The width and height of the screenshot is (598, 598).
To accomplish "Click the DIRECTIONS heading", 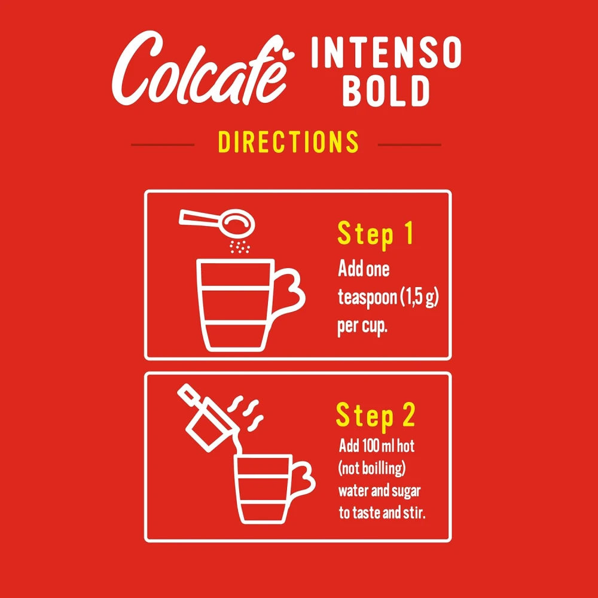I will point(288,142).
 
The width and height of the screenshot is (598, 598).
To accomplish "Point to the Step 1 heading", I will point(375,234).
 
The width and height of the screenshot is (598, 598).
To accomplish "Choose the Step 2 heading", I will point(375,416).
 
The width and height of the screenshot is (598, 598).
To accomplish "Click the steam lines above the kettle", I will point(248,413).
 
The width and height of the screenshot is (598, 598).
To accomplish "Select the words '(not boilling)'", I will point(375,468).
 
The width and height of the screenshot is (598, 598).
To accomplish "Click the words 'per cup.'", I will point(363,328).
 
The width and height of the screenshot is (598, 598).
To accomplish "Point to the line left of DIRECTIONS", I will point(163,144).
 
